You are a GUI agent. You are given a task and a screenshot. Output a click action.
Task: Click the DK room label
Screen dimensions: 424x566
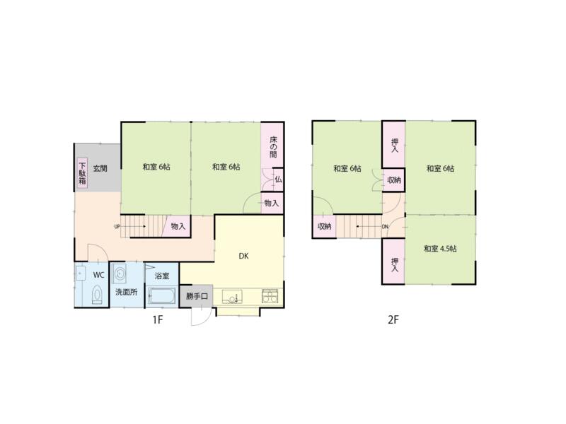point(243,257)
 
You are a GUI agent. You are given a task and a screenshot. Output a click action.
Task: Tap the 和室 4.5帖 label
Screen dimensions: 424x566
point(440,249)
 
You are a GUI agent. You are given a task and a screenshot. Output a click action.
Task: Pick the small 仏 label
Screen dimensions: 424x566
point(278,180)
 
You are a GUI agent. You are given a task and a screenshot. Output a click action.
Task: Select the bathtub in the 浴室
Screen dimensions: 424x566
point(162,296)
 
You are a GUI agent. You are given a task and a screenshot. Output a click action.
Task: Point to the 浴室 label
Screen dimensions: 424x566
point(162,275)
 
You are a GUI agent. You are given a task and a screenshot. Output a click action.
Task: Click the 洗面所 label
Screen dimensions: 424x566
point(126,291)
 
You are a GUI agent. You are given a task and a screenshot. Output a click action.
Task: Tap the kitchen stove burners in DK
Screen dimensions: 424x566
point(270,296)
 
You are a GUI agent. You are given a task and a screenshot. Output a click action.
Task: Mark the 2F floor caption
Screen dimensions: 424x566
point(393,319)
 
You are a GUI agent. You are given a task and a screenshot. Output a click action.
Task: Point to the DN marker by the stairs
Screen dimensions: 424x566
point(386,227)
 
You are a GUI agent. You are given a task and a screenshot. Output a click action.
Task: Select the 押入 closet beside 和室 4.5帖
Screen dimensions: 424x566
point(394,262)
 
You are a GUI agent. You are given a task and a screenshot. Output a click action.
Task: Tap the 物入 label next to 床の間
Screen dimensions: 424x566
point(272,203)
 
